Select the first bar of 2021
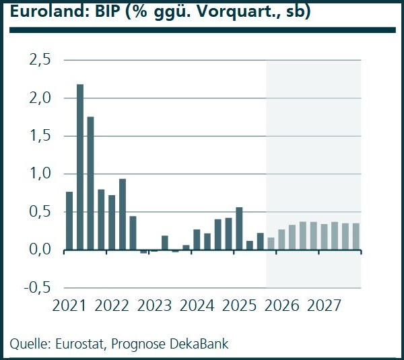[69, 221]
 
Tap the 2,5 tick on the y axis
[40, 61]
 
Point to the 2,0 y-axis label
[40, 98]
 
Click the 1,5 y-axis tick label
[40, 136]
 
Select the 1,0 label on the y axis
[40, 174]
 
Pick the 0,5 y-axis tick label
[40, 212]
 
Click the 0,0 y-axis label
[40, 250]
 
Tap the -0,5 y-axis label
[38, 287]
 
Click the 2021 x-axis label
[70, 306]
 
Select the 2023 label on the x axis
[154, 306]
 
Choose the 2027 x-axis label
[325, 306]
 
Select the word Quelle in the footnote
[28, 344]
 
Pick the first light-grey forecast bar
[271, 244]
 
